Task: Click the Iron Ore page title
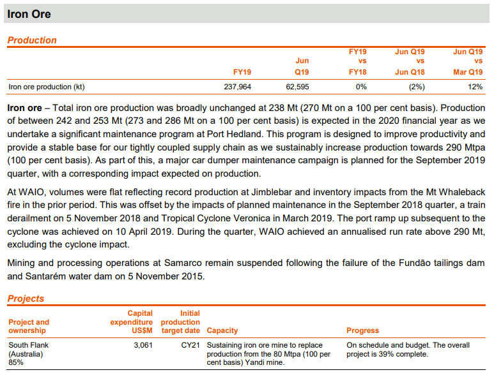[29, 14]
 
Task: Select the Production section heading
[32, 40]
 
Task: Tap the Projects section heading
[26, 299]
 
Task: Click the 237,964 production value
[237, 87]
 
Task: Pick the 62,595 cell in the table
[296, 87]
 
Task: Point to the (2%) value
[416, 87]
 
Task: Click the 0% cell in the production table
[361, 87]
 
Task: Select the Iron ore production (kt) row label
[47, 87]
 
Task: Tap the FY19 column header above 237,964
[242, 72]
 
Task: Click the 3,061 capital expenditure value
[143, 345]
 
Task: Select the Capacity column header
[222, 330]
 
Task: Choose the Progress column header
[362, 330]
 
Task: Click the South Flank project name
[28, 345]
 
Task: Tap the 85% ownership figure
[16, 362]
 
